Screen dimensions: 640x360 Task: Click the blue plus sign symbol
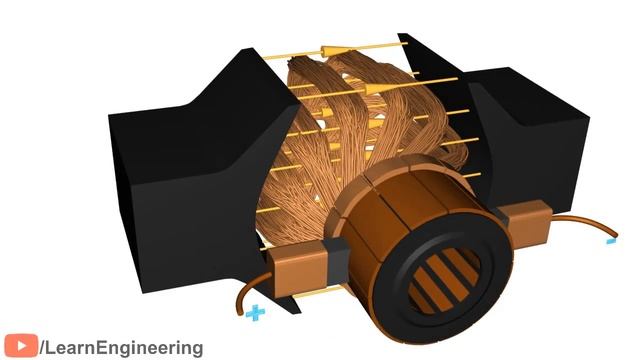coord(256,313)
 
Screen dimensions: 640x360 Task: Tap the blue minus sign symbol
coord(611,241)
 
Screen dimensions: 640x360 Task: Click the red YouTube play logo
coord(21,346)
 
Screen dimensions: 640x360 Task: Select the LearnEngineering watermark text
coord(121,348)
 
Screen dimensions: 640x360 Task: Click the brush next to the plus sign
coord(297,268)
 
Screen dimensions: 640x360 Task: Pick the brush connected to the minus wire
coord(526,224)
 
